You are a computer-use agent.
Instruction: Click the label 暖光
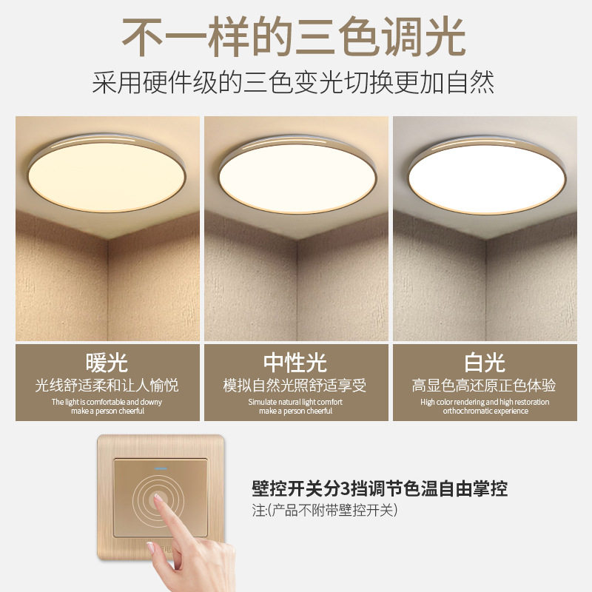pyautogui.click(x=107, y=363)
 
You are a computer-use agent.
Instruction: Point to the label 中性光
pyautogui.click(x=295, y=363)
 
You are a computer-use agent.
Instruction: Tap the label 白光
pyautogui.click(x=485, y=363)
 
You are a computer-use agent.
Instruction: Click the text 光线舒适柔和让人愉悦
pyautogui.click(x=107, y=386)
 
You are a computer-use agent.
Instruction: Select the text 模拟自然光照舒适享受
pyautogui.click(x=295, y=386)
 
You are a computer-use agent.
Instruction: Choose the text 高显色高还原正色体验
pyautogui.click(x=485, y=386)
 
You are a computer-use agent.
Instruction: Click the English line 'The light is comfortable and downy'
pyautogui.click(x=107, y=402)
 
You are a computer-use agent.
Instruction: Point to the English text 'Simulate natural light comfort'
pyautogui.click(x=295, y=402)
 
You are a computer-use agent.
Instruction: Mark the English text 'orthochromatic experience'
pyautogui.click(x=485, y=411)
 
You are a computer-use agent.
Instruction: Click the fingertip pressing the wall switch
pyautogui.click(x=161, y=504)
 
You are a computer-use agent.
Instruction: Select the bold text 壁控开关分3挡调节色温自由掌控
pyautogui.click(x=380, y=488)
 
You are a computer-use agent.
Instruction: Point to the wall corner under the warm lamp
pyautogui.click(x=108, y=244)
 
